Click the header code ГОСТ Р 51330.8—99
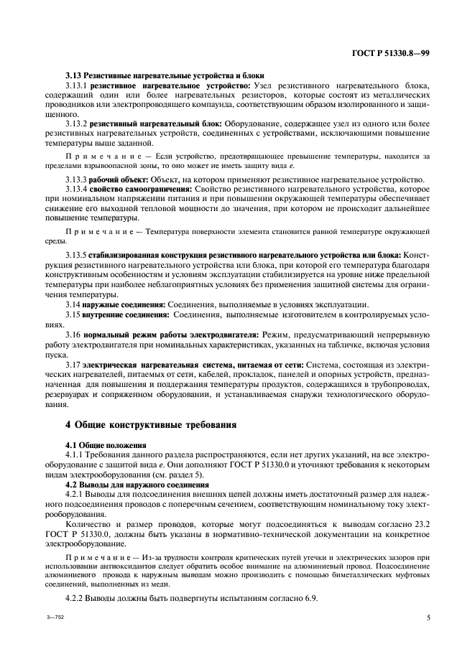pyautogui.click(x=390, y=54)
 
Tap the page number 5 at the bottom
pyautogui.click(x=428, y=616)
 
